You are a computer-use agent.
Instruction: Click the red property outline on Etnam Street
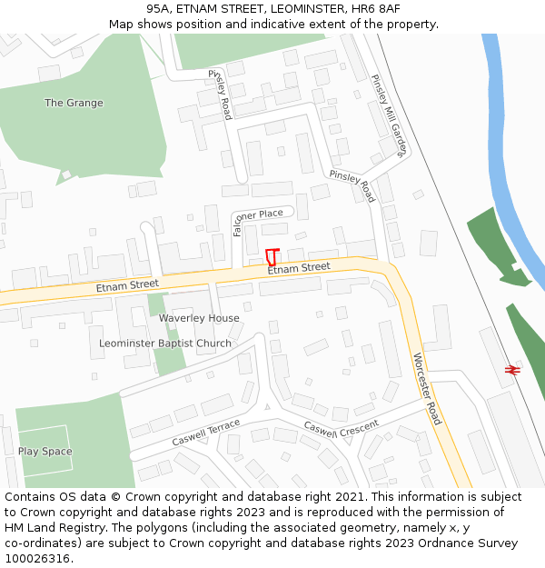[271, 256]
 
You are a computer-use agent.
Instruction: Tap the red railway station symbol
[512, 370]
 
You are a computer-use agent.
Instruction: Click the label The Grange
[74, 104]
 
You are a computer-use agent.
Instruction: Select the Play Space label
[45, 452]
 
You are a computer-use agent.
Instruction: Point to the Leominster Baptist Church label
[165, 344]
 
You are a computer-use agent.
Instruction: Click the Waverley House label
[199, 318]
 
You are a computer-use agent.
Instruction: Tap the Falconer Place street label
[258, 214]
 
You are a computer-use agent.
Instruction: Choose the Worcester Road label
[427, 388]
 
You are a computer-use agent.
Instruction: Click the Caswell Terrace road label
[206, 433]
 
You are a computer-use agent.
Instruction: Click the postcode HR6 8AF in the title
[378, 8]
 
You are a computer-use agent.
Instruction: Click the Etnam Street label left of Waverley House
[127, 285]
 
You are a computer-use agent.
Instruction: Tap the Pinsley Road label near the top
[220, 94]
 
